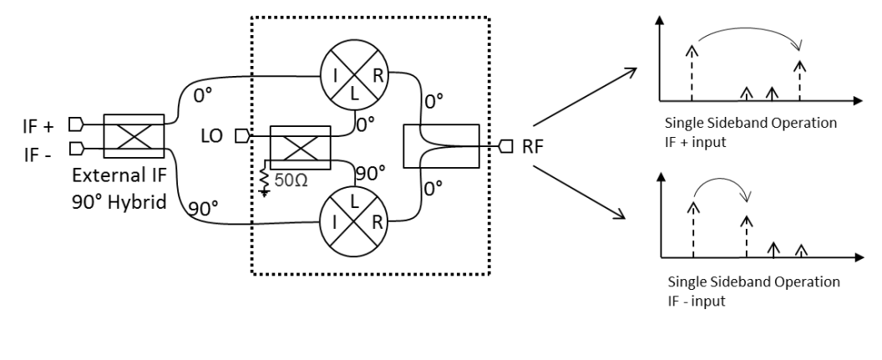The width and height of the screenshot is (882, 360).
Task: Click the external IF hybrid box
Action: pyautogui.click(x=134, y=135)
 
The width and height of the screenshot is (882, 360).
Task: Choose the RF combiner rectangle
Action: pyautogui.click(x=440, y=146)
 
